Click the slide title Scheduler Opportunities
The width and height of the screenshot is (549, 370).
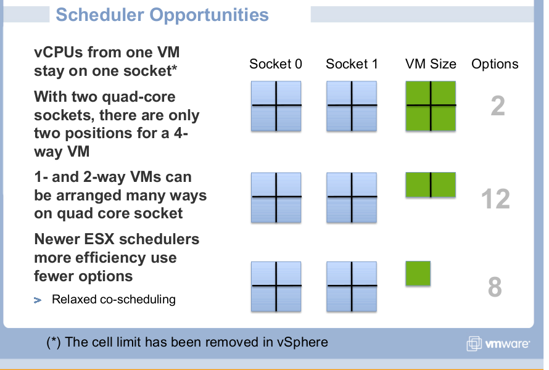[x=162, y=15]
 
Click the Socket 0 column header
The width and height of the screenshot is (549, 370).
[x=276, y=64]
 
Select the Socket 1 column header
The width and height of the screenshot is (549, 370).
[x=352, y=64]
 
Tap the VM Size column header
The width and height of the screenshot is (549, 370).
[x=431, y=64]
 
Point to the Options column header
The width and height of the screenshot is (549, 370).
[x=495, y=64]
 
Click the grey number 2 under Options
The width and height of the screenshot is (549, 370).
[x=498, y=105]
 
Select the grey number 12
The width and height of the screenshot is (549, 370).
[x=495, y=199]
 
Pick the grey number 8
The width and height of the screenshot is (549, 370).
[x=495, y=287]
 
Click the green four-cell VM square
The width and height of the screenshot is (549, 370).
[x=431, y=106]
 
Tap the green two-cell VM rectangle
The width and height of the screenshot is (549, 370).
[x=431, y=185]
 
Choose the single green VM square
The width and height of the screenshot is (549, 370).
[x=418, y=273]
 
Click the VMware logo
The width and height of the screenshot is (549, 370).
[x=498, y=343]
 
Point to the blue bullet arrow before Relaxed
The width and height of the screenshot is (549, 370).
[x=38, y=300]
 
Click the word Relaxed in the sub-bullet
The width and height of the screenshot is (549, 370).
[x=74, y=299]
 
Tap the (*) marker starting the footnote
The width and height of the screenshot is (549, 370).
[x=54, y=342]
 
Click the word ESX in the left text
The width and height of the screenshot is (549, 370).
[x=99, y=239]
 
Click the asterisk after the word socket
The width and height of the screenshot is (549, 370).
[x=174, y=68]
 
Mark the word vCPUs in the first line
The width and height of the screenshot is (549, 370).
[x=59, y=52]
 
